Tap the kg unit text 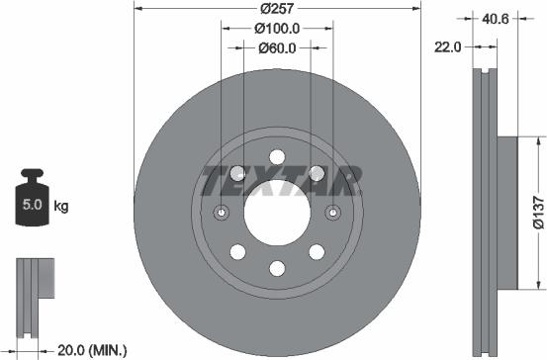61,207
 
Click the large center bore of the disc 276,212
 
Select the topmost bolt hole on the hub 276,156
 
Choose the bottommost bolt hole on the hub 276,268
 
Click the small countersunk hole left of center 222,212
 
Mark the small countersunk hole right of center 331,212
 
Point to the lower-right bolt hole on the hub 316,251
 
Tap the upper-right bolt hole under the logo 317,174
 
